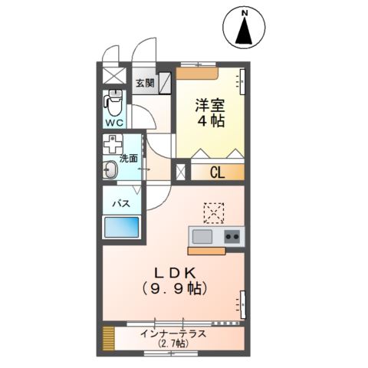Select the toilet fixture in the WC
click(x=114, y=100)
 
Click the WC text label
click(x=113, y=123)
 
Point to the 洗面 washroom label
click(x=128, y=159)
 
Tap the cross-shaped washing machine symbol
click(x=113, y=146)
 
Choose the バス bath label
click(x=120, y=204)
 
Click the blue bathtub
click(x=122, y=228)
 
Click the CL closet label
click(x=217, y=173)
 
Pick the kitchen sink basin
click(x=203, y=236)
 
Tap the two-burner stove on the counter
click(x=232, y=237)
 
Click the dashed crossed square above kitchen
click(x=213, y=212)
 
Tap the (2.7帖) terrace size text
click(x=173, y=344)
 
